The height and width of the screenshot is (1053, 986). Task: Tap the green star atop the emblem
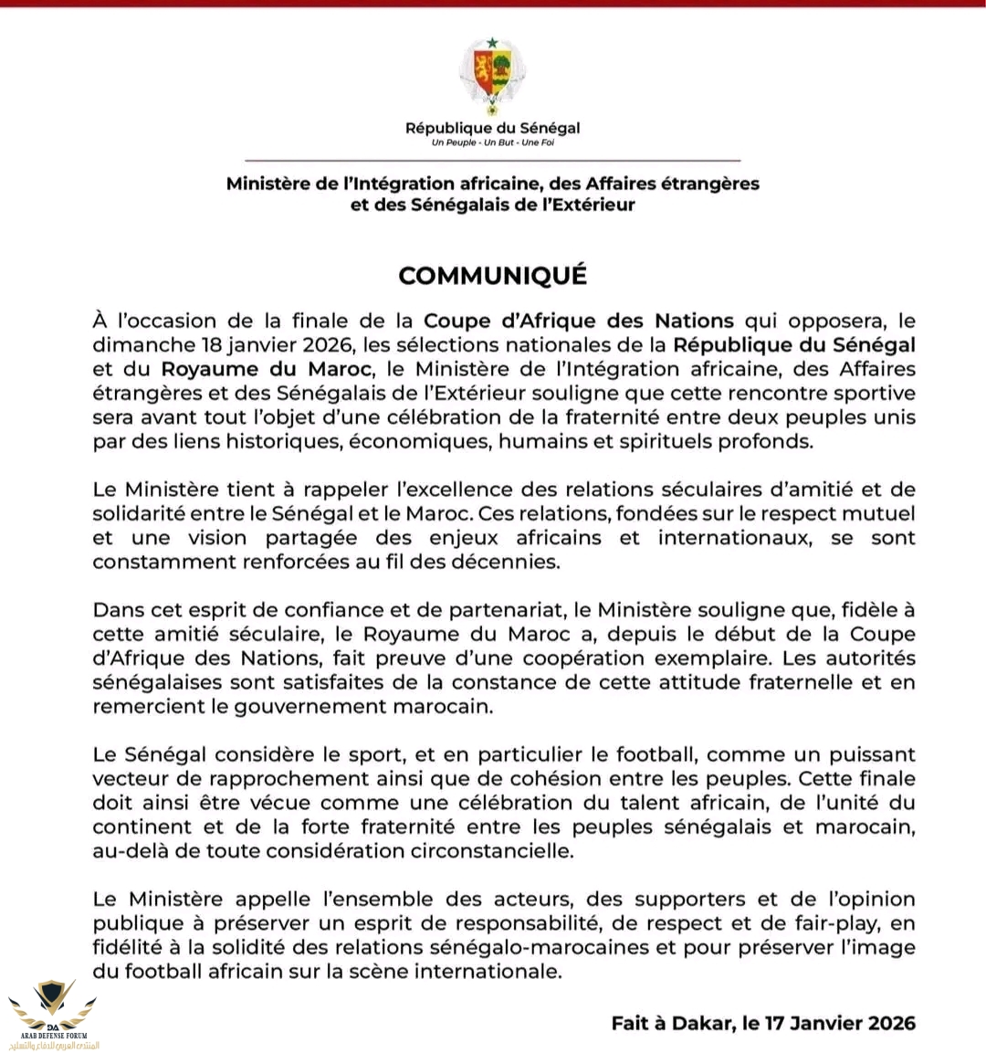(x=492, y=42)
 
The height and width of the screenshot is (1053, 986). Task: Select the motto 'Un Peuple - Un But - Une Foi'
(x=492, y=143)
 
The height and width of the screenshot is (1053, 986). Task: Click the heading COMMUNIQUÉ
(x=492, y=275)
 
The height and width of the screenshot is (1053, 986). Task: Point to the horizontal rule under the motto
(x=492, y=160)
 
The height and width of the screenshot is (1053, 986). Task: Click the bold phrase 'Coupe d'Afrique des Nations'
(x=578, y=321)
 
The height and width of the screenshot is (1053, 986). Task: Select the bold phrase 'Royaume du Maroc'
(x=267, y=369)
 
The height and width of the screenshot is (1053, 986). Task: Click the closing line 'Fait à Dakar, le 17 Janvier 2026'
(x=763, y=1023)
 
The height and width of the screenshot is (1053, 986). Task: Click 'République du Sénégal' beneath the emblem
(x=492, y=128)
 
